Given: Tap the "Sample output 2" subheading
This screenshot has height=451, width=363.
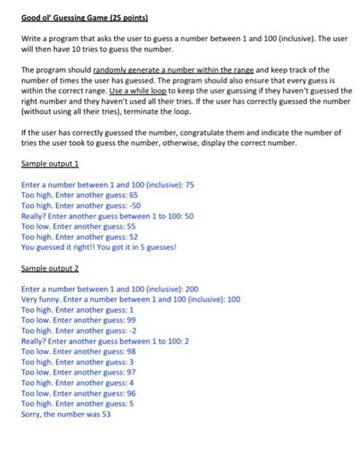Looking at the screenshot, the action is point(51,269).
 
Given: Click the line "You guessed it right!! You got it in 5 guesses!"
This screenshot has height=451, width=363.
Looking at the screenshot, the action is point(100,247).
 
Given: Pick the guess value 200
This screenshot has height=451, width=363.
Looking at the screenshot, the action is point(192,290).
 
